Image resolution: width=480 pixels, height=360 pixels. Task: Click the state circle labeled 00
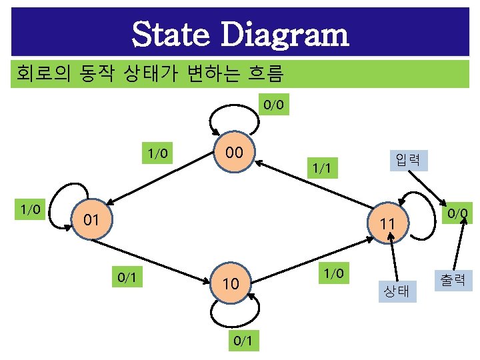(233, 154)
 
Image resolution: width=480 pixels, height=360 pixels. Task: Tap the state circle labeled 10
(231, 284)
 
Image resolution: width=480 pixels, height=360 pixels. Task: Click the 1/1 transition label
(321, 169)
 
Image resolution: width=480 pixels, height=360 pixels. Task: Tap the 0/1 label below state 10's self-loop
(243, 341)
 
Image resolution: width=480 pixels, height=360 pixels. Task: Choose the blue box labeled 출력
(453, 279)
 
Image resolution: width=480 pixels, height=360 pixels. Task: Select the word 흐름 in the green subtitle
(267, 72)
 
